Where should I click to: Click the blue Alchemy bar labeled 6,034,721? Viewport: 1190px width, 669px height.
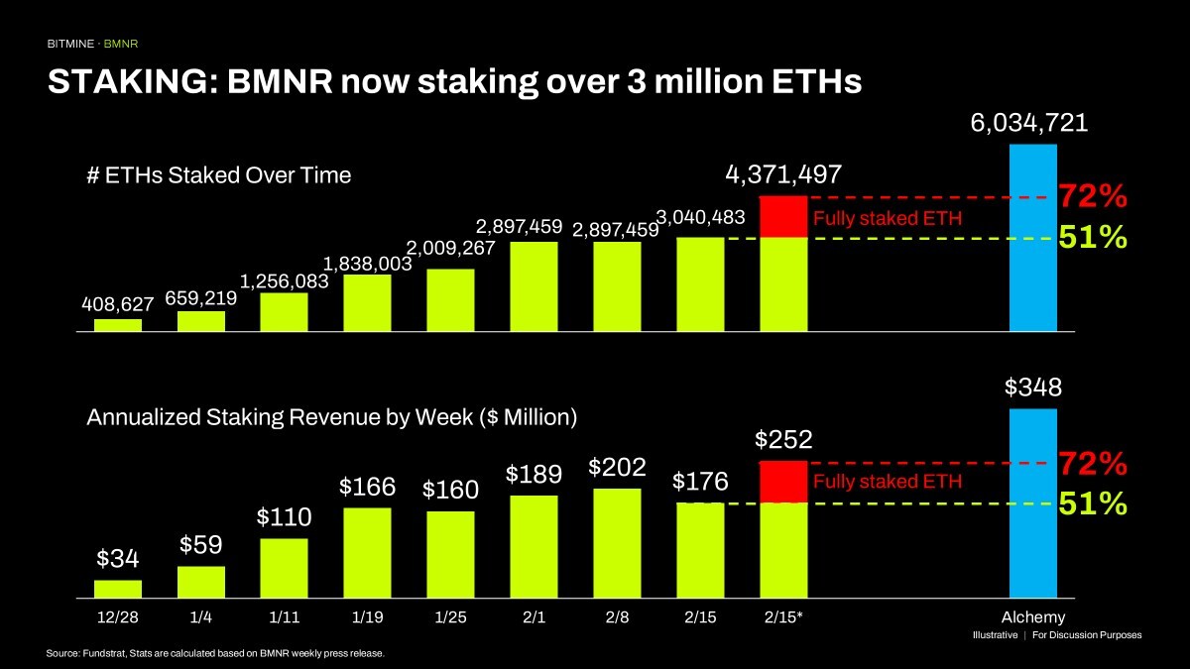click(x=1033, y=238)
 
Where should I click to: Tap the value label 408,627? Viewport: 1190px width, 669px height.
click(x=118, y=303)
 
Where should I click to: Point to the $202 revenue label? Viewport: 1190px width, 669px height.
click(x=618, y=467)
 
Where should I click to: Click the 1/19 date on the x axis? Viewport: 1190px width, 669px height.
click(x=368, y=617)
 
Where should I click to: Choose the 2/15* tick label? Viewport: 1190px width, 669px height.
click(x=784, y=617)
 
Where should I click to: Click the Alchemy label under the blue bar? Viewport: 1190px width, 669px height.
click(x=1033, y=617)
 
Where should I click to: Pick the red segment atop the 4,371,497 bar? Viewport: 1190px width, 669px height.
click(x=783, y=217)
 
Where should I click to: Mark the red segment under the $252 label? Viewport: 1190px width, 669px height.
click(x=783, y=482)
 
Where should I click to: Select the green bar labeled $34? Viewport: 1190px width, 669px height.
click(x=118, y=589)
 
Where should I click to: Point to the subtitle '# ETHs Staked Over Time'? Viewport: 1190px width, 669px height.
click(x=219, y=175)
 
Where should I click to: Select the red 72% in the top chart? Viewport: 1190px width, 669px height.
click(x=1093, y=197)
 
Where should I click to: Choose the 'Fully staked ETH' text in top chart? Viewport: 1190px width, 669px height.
click(x=888, y=218)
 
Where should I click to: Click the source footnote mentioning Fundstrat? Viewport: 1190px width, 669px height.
click(x=214, y=654)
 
